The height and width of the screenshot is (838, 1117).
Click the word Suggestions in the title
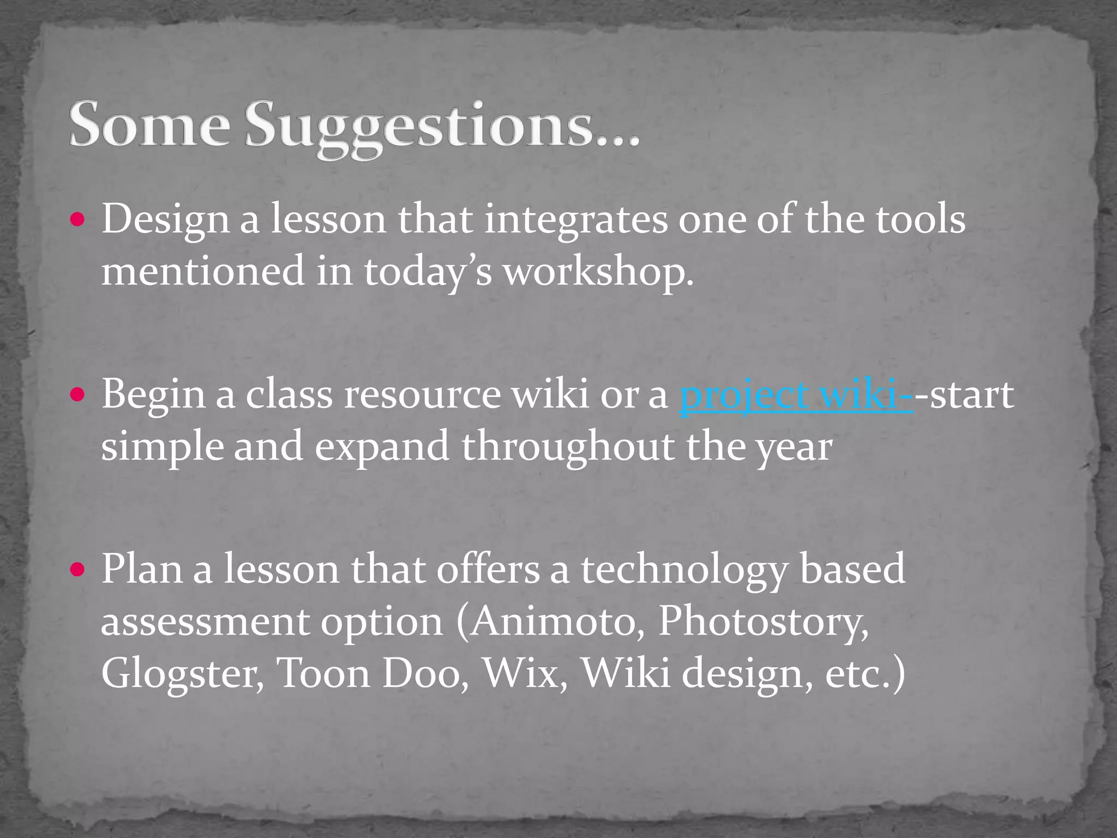(x=442, y=127)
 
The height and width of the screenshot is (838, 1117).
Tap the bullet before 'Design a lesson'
(x=78, y=220)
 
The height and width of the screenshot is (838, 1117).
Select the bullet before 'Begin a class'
(x=78, y=394)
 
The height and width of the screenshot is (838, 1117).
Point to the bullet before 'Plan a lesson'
(x=78, y=570)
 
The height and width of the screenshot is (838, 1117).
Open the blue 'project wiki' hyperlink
(x=796, y=394)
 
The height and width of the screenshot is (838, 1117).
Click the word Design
(x=166, y=220)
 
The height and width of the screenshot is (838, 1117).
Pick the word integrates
(x=576, y=220)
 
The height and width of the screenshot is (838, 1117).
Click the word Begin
(x=154, y=394)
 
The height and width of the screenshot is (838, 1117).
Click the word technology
(x=684, y=570)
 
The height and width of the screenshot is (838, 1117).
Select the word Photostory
(x=764, y=621)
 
